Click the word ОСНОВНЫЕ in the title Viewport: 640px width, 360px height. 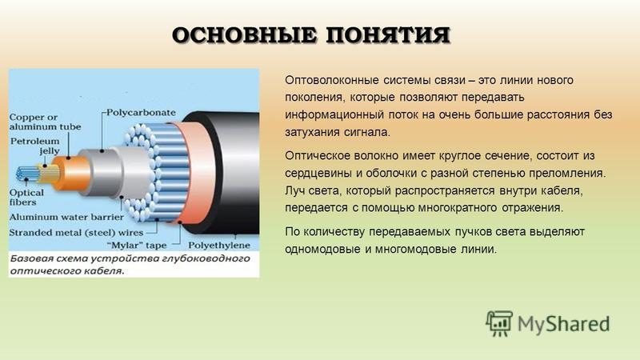pos(245,34)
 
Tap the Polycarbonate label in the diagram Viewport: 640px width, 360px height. pos(142,113)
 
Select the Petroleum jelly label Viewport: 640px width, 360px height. pos(35,146)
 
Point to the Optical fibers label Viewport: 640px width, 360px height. pos(26,197)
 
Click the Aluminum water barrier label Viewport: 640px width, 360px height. pos(66,217)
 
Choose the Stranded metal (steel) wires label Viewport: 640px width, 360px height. pos(76,233)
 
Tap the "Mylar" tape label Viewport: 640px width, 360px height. pos(137,246)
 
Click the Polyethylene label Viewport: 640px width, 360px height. pos(218,246)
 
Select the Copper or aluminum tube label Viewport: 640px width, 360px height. pos(45,122)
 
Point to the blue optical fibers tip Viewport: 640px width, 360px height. pos(27,174)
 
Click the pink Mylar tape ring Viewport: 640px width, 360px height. pos(196,172)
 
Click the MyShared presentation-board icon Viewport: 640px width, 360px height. pos(499,323)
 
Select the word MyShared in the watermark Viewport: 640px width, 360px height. pos(564,324)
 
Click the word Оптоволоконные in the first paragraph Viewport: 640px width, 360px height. pos(332,80)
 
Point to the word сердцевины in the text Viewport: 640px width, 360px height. pos(318,173)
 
